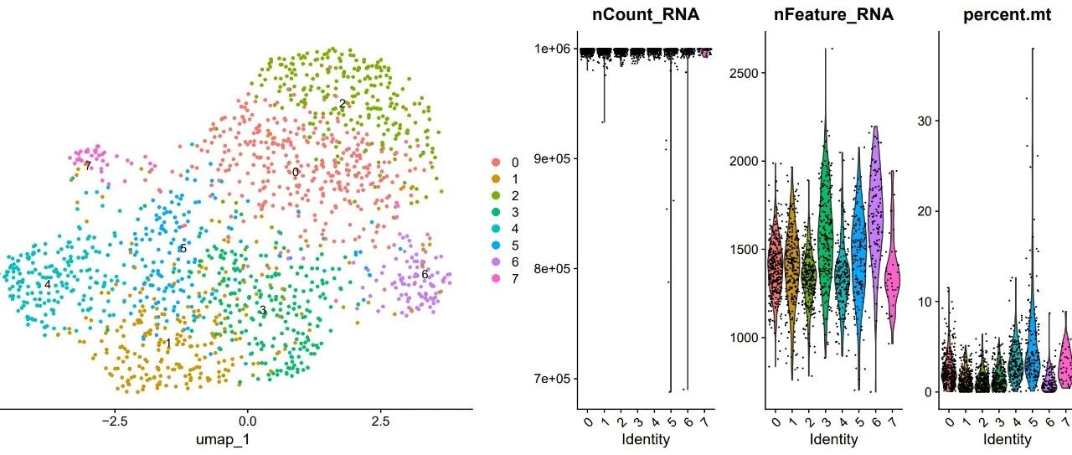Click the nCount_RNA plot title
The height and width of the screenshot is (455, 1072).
(x=646, y=15)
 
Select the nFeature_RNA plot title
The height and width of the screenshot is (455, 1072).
(x=833, y=15)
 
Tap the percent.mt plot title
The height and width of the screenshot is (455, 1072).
(x=1008, y=15)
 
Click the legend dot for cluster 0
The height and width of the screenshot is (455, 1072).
(x=497, y=163)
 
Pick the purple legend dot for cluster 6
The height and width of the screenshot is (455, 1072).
(x=497, y=262)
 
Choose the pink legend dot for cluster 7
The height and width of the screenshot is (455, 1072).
(x=497, y=278)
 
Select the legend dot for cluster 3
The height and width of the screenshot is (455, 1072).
(x=497, y=212)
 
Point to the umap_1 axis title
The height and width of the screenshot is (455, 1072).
(x=223, y=440)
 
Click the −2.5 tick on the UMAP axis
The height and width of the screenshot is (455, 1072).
(x=114, y=421)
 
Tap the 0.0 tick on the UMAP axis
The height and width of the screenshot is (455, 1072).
(x=247, y=421)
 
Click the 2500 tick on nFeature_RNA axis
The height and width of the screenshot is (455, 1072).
(x=745, y=73)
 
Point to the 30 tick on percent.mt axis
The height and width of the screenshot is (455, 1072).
(x=925, y=122)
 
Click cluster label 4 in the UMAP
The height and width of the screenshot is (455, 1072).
(x=48, y=285)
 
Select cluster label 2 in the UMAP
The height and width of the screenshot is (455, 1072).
(x=343, y=103)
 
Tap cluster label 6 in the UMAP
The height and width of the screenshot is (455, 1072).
(x=425, y=275)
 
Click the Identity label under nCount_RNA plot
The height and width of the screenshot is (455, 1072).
(x=646, y=439)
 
